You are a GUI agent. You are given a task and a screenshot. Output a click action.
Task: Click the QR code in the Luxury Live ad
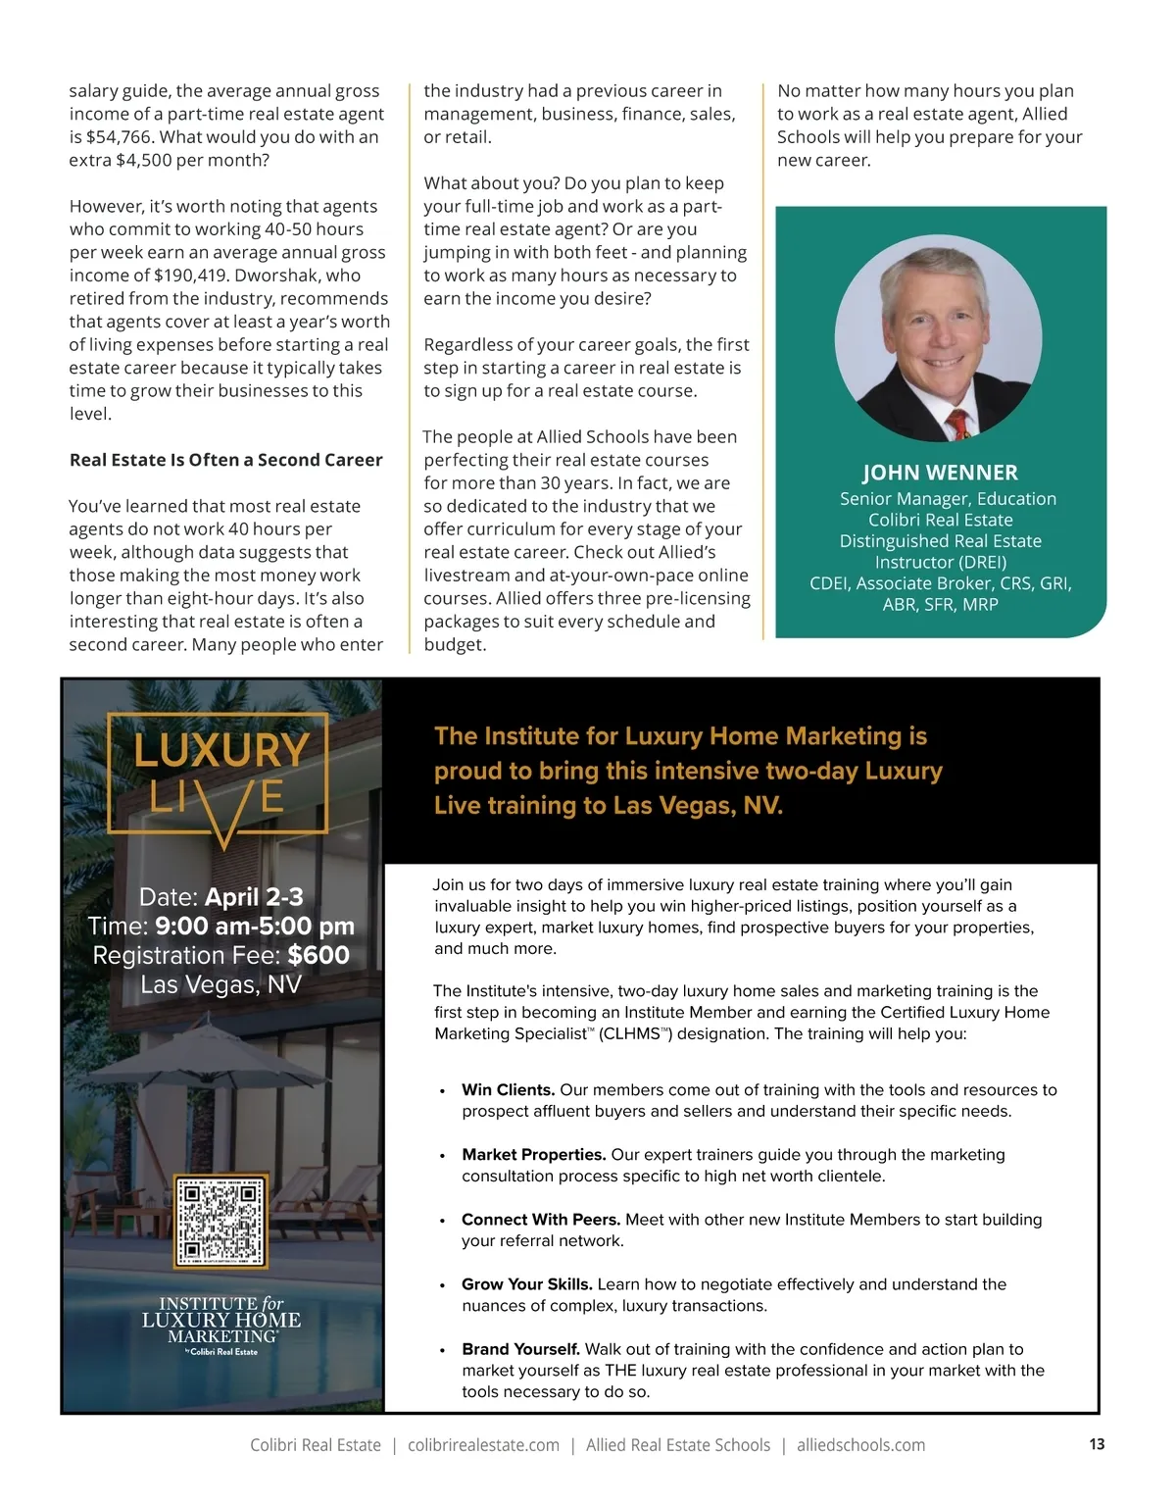pos(220,1221)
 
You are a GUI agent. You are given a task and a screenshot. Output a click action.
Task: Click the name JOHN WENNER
pos(940,473)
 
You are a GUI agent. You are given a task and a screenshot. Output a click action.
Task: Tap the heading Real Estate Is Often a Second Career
pos(225,460)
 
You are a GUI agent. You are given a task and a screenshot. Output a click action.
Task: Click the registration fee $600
pos(318,955)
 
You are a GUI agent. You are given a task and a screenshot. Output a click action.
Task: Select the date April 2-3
pos(254,897)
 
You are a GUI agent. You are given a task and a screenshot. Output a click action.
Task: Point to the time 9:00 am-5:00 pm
pos(255,926)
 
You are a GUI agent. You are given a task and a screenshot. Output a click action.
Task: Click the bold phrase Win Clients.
pos(509,1090)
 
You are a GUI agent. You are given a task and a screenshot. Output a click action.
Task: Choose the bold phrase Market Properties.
pos(534,1155)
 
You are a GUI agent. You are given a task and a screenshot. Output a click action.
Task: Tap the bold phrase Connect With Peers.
pos(541,1220)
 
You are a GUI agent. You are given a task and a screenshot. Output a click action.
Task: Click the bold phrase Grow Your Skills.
pos(527,1284)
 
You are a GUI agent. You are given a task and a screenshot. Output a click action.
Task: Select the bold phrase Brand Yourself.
pos(521,1349)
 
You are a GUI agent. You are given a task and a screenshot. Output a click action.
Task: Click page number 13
pos(1097,1444)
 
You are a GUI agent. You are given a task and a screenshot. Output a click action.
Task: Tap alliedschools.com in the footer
pos(860,1445)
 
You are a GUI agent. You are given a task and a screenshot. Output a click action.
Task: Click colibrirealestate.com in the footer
pos(483,1445)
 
